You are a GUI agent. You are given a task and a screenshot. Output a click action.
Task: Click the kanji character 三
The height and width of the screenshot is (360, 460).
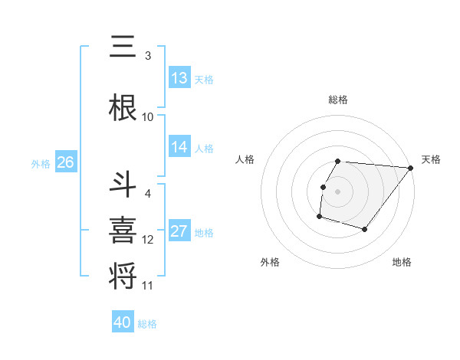123,48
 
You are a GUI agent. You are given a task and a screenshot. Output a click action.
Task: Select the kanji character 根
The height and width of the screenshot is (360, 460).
123,106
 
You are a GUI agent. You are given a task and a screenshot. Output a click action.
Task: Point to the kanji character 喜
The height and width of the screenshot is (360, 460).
123,230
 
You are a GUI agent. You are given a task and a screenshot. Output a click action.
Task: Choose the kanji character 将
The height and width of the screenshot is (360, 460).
123,275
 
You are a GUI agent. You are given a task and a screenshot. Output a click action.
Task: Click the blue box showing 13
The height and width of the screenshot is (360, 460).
179,78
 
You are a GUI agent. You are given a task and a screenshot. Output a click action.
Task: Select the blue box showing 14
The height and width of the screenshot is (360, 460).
179,148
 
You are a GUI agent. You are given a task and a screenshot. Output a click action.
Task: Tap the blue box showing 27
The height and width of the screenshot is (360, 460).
179,232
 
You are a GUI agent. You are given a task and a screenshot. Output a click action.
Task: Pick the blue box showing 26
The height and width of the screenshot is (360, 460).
65,162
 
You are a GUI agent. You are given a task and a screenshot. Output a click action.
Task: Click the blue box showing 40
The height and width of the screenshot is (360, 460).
123,322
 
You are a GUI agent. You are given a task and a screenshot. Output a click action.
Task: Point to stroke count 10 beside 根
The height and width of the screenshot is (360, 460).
148,117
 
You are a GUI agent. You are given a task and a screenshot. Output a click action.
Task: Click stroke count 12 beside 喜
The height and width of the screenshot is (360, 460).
148,240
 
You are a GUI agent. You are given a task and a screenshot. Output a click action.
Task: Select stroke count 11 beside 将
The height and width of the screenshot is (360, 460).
148,286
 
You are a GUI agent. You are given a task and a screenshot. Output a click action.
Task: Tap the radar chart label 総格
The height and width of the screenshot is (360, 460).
338,100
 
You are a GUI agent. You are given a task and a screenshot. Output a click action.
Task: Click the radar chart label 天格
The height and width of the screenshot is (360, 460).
431,159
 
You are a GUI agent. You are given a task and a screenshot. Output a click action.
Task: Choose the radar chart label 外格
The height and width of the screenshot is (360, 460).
270,262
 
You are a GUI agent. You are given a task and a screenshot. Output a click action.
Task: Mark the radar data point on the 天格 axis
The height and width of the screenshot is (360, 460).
411,168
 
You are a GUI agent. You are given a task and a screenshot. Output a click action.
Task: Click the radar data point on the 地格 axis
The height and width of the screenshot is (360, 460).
365,229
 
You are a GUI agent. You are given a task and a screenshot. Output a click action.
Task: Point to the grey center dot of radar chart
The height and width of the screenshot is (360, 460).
338,191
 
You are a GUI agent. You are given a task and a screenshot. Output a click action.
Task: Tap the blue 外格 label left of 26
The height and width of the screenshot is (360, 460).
41,163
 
